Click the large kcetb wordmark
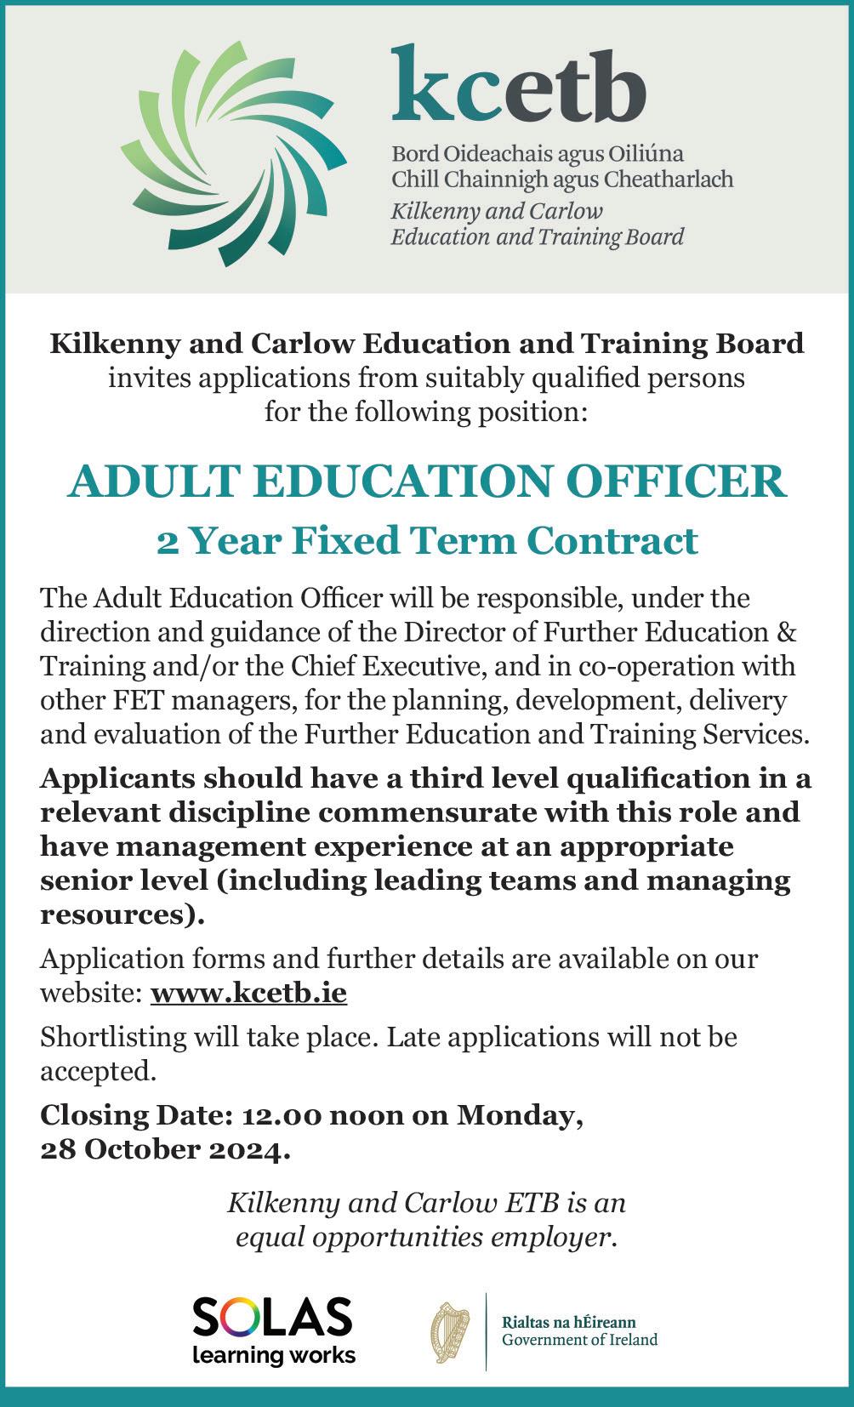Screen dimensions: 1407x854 (518, 86)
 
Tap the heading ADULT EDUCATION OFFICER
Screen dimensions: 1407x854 (427, 481)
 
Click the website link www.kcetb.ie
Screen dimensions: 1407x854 (248, 993)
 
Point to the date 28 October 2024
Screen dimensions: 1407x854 (162, 1149)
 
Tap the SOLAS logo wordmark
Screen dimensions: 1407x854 (272, 1318)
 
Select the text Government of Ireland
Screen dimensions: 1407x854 (579, 1340)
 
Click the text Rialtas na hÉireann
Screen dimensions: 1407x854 (568, 1323)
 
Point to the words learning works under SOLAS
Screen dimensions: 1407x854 (273, 1354)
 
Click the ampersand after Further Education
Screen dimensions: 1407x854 (787, 632)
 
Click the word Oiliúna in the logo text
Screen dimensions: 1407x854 (646, 154)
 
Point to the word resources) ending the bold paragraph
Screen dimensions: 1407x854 (122, 915)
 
